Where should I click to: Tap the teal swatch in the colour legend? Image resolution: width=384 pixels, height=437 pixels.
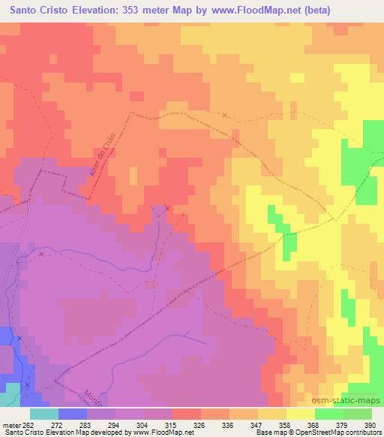click(x=44, y=414)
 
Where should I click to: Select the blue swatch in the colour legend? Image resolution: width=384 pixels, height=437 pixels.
click(x=73, y=414)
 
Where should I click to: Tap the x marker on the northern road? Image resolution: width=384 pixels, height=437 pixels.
click(x=224, y=115)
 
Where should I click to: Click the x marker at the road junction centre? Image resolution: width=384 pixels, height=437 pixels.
click(x=167, y=208)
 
